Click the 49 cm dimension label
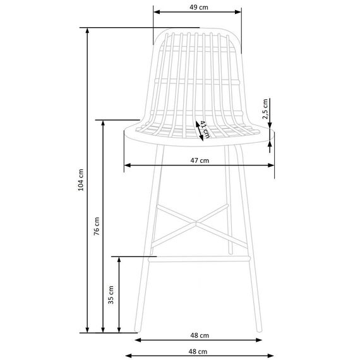[199, 8]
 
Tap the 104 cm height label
[81, 180]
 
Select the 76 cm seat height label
[97, 226]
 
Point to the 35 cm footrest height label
[111, 295]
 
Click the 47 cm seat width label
[200, 160]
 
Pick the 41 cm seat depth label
[205, 129]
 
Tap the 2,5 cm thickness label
[265, 109]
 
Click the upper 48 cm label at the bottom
[200, 335]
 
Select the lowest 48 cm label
[198, 352]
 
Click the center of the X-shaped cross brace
[196, 222]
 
